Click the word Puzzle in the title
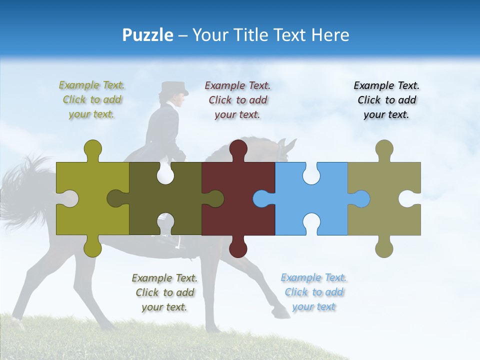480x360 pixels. click(x=147, y=35)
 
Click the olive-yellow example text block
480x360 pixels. click(x=92, y=99)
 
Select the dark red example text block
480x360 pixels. click(x=237, y=100)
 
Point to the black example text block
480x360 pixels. click(x=386, y=100)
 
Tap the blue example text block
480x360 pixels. click(x=313, y=292)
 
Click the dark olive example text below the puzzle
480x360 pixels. click(x=164, y=292)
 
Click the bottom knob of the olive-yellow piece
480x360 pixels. click(x=92, y=247)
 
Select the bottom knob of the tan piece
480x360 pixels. click(x=384, y=247)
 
